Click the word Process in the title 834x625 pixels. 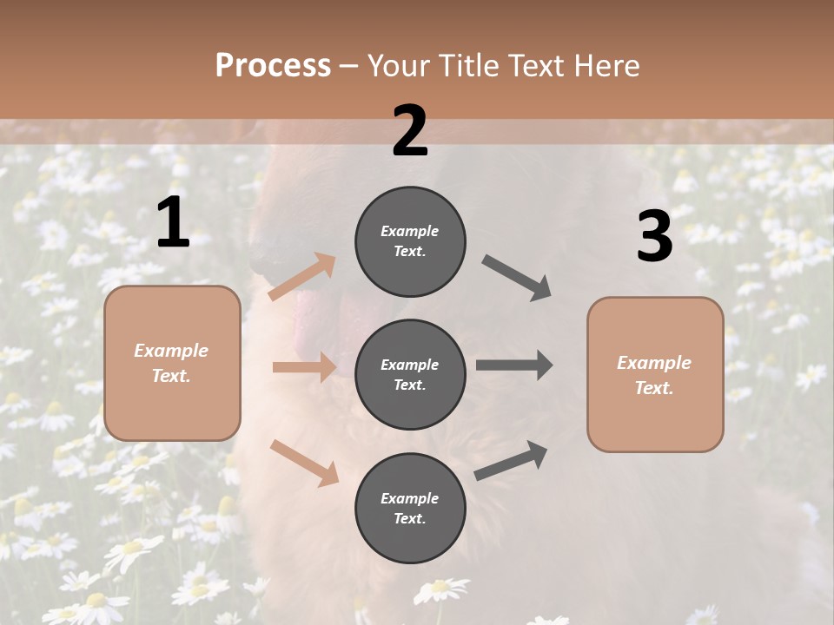coord(273,65)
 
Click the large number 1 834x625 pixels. coord(173,223)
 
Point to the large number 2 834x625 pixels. coord(410,131)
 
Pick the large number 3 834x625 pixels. coord(654,237)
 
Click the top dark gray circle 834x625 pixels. coord(410,241)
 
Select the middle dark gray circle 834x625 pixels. coord(410,374)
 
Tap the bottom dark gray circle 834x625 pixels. coord(410,508)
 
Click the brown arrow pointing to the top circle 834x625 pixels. coord(302,277)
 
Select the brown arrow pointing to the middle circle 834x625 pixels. coord(304,367)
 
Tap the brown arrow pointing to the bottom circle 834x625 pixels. coord(305,462)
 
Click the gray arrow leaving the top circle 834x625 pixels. coord(517,278)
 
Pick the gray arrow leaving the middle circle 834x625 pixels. coord(514,365)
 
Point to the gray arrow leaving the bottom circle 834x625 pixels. coord(511,461)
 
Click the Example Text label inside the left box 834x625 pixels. coord(171,363)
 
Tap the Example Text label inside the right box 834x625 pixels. coord(654,375)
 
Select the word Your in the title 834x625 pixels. coord(397,65)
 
